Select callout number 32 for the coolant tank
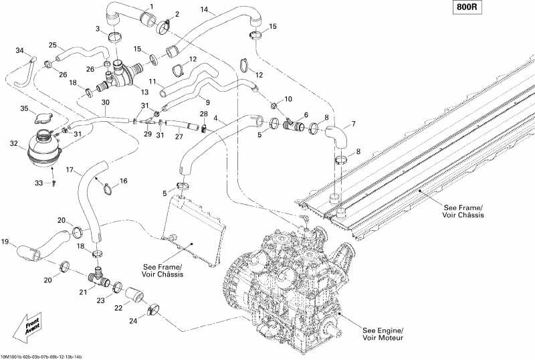click(14, 143)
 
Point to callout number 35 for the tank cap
click(24, 108)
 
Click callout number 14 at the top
click(204, 10)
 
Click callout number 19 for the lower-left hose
click(5, 242)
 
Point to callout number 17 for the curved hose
click(69, 171)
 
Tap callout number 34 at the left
click(19, 50)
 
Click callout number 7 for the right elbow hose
click(353, 124)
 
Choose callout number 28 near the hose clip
click(203, 114)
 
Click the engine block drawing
click(288, 281)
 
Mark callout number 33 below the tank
click(39, 183)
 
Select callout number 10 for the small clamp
click(288, 99)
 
